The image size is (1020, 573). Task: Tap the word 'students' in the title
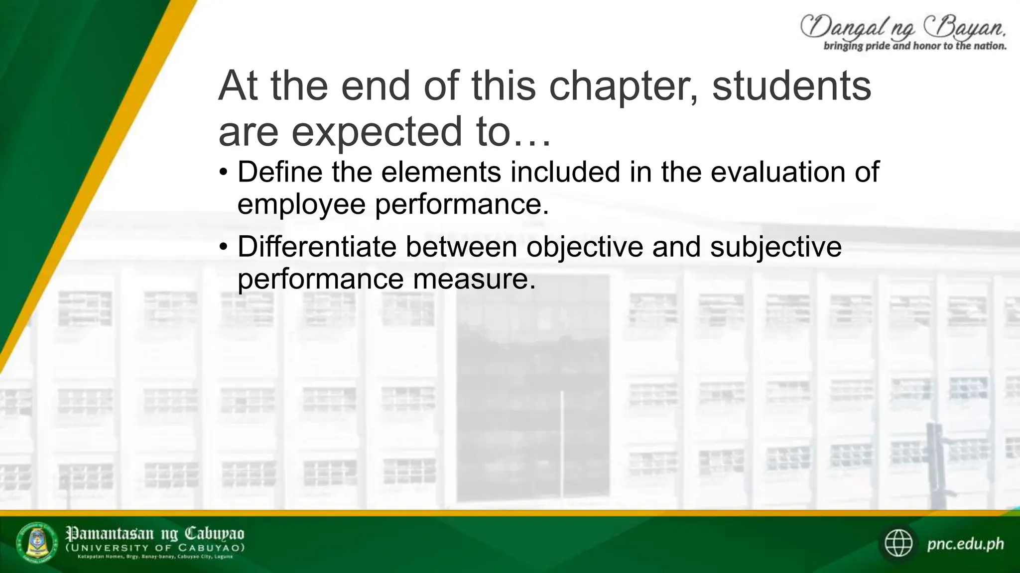point(791,86)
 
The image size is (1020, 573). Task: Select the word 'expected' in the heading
point(377,132)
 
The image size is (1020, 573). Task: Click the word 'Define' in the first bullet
point(280,172)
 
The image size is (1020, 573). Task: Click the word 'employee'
point(301,204)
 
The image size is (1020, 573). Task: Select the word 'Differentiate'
point(317,247)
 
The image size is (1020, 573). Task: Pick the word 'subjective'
point(775,247)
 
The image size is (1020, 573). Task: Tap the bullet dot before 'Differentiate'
point(224,247)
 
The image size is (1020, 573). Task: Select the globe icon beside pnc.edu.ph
point(898,543)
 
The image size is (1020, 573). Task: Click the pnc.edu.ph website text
point(965,544)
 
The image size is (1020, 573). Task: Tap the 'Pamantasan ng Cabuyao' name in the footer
point(155,534)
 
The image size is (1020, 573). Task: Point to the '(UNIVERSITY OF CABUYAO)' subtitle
point(155,548)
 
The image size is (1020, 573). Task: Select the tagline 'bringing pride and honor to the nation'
point(915,46)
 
